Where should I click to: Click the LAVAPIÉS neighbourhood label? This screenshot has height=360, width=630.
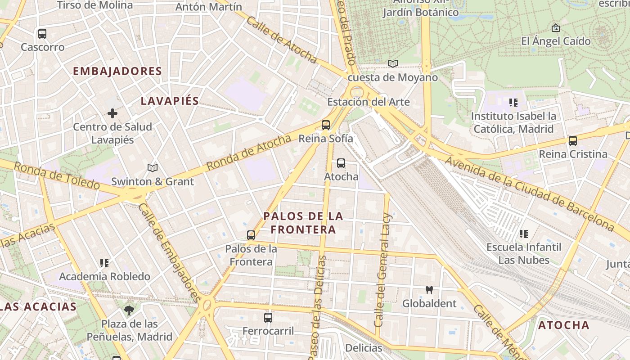pos(170,101)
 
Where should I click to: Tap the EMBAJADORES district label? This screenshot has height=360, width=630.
pos(117,71)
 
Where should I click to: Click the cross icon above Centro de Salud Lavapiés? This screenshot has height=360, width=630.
pos(112,113)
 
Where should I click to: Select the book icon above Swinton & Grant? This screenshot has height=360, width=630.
pos(153,168)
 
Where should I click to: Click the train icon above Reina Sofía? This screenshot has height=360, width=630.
pos(326,125)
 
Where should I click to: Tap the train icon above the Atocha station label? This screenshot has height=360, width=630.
pos(341,163)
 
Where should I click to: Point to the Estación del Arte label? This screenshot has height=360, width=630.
pos(368,102)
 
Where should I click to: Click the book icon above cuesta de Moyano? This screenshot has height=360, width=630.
pos(393,64)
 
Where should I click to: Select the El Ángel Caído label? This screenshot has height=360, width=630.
pos(556,41)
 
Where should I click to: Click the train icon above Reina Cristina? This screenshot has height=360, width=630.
pos(573,141)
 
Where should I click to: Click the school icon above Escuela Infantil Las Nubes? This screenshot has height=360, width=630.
pos(524,234)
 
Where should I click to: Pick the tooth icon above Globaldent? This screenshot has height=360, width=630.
pos(429,290)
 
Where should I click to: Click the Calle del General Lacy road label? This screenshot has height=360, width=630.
pos(383,270)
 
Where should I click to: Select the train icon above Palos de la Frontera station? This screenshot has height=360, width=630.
pos(251,235)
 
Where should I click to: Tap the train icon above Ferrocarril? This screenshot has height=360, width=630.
pos(268,318)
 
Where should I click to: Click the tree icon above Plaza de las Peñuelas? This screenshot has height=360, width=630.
pos(129,310)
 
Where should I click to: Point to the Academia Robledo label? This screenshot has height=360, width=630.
pos(104,276)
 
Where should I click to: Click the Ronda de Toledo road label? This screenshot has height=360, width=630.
pos(56,175)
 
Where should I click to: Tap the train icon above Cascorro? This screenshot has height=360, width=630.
pos(42,34)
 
